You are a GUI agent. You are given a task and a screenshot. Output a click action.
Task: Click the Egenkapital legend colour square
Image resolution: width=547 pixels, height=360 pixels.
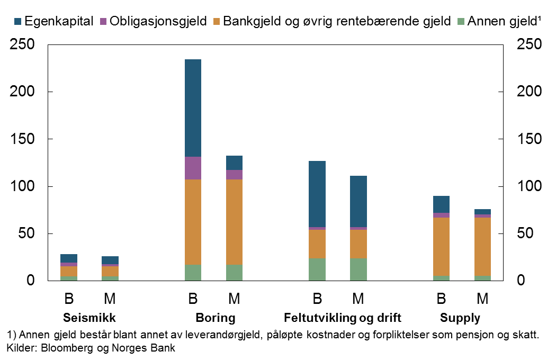(x=18, y=21)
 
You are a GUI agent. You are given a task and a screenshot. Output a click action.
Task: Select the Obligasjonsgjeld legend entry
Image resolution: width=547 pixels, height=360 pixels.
(x=157, y=21)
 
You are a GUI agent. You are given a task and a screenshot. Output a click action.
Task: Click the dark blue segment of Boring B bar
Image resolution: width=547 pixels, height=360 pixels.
(x=193, y=108)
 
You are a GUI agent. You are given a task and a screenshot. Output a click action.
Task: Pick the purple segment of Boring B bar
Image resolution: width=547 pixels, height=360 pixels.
(x=193, y=168)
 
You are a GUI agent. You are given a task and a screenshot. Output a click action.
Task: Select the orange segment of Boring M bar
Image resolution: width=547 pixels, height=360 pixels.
(x=234, y=222)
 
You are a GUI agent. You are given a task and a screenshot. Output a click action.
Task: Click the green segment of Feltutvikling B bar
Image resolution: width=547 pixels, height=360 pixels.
(x=317, y=269)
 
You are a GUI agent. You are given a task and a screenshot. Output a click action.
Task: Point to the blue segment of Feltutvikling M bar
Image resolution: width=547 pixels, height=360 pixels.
(x=358, y=201)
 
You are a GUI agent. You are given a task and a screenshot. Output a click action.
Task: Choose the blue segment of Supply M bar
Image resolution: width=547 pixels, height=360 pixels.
(x=482, y=212)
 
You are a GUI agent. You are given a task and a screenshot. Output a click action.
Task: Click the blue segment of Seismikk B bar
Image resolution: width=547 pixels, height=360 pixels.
(x=69, y=258)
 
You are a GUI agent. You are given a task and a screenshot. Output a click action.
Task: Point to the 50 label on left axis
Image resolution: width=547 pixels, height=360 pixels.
(x=26, y=233)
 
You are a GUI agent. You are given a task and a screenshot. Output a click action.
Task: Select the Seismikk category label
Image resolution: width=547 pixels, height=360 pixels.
(x=89, y=318)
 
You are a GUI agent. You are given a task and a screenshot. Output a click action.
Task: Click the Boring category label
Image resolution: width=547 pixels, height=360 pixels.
(x=216, y=318)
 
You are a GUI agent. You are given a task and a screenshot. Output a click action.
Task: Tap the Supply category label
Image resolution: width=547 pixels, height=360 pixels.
(x=460, y=318)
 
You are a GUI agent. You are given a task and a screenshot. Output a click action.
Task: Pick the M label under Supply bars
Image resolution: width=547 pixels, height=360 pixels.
(x=482, y=299)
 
